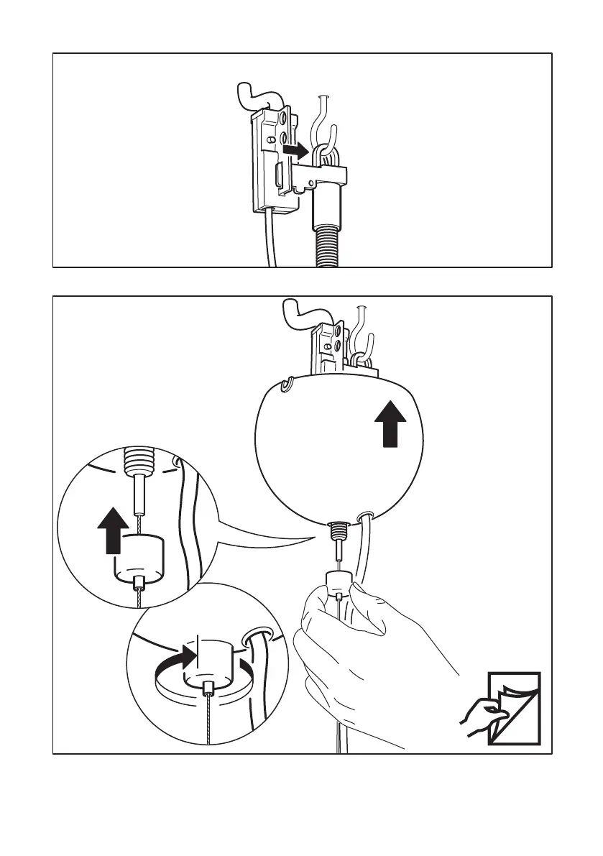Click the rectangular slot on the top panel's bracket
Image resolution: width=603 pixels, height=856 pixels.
point(278,176)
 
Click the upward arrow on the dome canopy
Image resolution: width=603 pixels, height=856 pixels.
point(389,423)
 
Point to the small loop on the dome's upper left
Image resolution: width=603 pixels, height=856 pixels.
point(287,387)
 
